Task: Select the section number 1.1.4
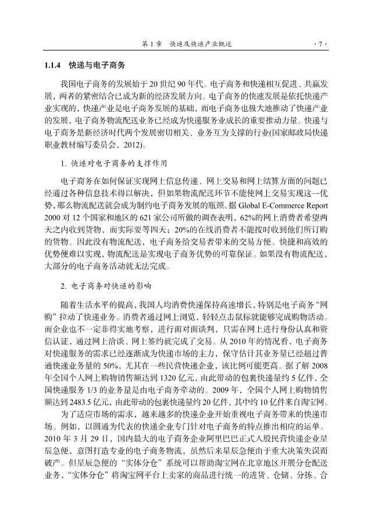[x=53, y=65]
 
